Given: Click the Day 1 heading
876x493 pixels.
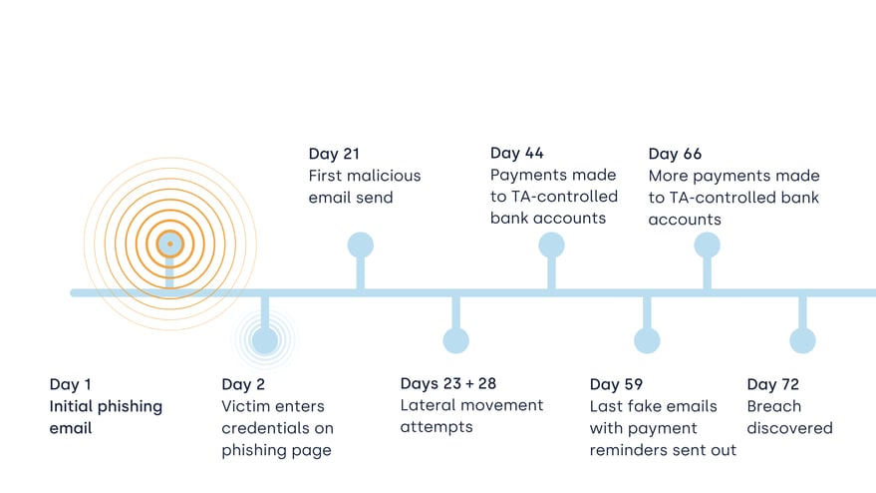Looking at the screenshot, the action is pos(70,384).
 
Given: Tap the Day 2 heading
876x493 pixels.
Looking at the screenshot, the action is pos(243,384).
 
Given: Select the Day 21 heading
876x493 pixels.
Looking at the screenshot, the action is pos(334,154).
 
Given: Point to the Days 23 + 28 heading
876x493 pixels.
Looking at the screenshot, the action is pos(448,383).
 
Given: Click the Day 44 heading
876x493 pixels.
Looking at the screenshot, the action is pos(517,153).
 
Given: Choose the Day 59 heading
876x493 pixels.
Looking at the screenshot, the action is pos(616,384).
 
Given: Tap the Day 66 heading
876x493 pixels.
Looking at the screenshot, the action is pos(675,154).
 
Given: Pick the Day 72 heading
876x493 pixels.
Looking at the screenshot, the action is pos(773,384).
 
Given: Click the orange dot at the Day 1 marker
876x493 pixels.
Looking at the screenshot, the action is pos(169,244).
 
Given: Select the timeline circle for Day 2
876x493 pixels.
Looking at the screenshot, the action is pos(265,339).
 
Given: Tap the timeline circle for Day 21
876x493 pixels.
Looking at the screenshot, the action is pos(361,246).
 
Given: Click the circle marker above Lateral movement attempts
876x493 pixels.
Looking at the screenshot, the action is pos(455,340).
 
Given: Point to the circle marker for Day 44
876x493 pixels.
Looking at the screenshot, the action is pos(551,246).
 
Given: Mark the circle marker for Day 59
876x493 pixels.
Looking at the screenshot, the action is pos(647,340).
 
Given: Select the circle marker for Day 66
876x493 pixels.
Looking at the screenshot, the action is pos(707,246).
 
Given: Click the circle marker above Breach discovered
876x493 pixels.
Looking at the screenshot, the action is pos(802,340).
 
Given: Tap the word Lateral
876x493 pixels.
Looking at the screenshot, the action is pos(427,405).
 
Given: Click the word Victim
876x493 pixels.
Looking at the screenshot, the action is pos(245,406).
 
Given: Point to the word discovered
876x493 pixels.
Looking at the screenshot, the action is pos(789,428).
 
